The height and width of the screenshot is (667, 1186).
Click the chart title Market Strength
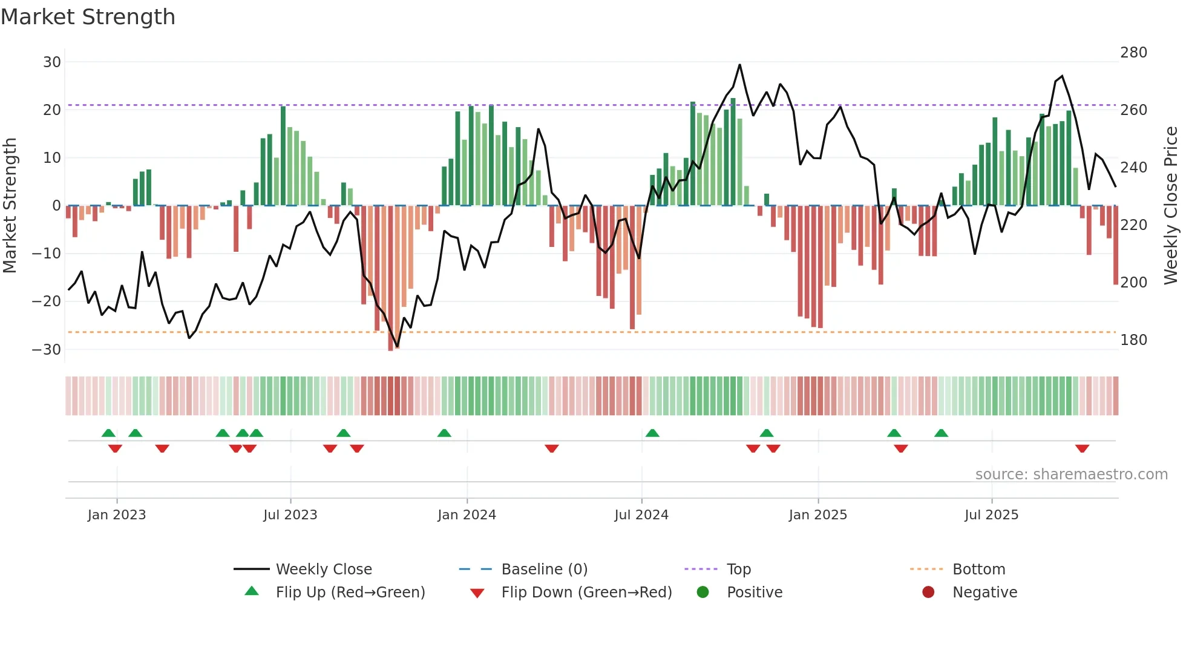(x=88, y=17)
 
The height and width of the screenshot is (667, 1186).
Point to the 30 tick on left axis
(x=52, y=62)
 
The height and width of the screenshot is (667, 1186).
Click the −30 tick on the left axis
(x=47, y=349)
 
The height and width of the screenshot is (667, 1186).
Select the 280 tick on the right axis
(x=1133, y=53)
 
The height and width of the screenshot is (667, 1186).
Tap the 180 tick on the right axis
(x=1133, y=340)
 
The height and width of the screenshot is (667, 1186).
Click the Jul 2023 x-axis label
(x=290, y=514)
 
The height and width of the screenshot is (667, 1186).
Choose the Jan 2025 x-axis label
(x=817, y=514)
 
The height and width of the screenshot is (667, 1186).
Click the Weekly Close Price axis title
(x=1171, y=205)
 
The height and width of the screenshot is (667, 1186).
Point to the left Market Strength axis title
(x=10, y=205)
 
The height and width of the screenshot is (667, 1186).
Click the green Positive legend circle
(x=703, y=592)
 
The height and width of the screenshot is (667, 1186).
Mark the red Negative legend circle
(x=928, y=592)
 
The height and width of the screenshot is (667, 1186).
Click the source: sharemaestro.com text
(x=1071, y=474)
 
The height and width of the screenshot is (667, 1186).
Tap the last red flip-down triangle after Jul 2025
(x=1082, y=448)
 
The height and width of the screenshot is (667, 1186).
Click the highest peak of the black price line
(x=739, y=65)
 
